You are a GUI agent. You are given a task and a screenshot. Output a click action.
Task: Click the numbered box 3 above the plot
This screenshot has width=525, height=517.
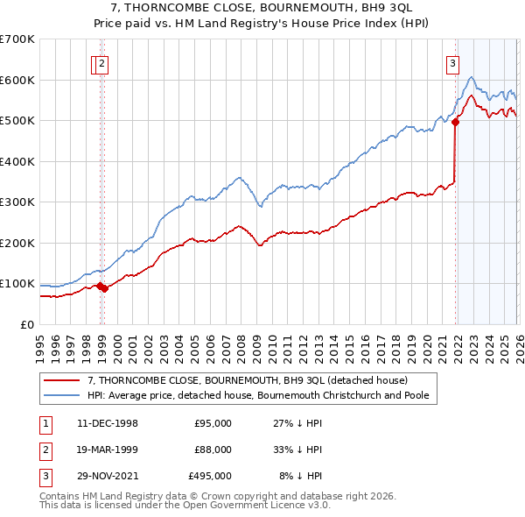pos(452,62)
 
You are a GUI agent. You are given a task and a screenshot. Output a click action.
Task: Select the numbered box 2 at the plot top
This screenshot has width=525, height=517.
pos(102,62)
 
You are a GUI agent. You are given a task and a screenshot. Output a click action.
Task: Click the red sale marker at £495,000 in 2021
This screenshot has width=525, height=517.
pos(455,123)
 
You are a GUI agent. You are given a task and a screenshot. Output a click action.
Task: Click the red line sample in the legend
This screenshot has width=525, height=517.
pos(63,380)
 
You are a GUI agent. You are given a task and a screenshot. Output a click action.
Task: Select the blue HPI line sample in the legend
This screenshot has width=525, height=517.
pos(63,395)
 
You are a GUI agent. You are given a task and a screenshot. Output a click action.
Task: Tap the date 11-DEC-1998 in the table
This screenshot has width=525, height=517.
pos(107,423)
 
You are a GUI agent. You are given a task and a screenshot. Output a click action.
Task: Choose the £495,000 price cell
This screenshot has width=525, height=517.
pos(210,476)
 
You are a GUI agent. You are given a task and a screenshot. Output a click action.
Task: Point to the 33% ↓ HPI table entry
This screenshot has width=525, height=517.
pos(297,450)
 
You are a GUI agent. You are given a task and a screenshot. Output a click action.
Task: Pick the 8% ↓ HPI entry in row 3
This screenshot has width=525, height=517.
pos(301,476)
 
